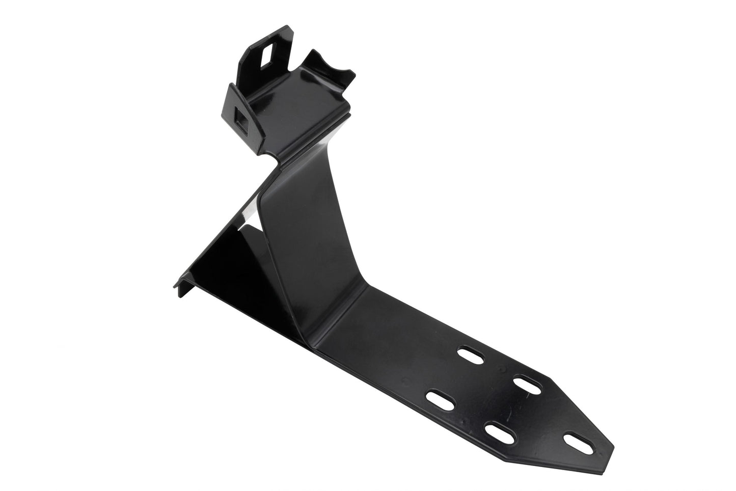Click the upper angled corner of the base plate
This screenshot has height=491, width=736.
click(553, 376)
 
